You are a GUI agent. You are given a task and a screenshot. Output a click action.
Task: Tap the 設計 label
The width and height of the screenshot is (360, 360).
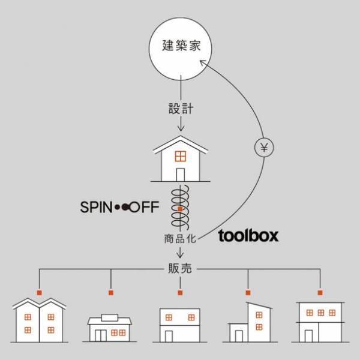(x=179, y=109)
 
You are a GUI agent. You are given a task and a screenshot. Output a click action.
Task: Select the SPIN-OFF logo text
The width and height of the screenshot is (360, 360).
(x=119, y=208)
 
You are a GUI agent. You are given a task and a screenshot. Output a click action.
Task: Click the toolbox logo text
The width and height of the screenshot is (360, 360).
(x=248, y=236)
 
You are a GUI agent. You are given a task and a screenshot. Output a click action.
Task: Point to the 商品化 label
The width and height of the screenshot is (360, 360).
(x=179, y=238)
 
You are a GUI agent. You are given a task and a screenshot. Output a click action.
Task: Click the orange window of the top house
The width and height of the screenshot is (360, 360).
(x=179, y=157)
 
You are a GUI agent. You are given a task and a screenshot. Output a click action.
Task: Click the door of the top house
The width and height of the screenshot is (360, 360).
(x=179, y=174)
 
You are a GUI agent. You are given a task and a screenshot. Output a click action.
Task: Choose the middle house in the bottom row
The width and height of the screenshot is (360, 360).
(x=179, y=325)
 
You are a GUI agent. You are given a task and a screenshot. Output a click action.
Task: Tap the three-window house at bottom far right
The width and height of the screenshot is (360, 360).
(x=320, y=321)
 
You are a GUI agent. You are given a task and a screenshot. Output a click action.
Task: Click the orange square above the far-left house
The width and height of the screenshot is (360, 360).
(x=39, y=292)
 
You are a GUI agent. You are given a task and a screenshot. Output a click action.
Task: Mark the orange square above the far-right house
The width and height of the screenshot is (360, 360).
(x=320, y=292)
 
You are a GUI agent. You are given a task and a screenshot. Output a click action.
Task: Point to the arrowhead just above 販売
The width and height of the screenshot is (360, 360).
(x=179, y=256)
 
